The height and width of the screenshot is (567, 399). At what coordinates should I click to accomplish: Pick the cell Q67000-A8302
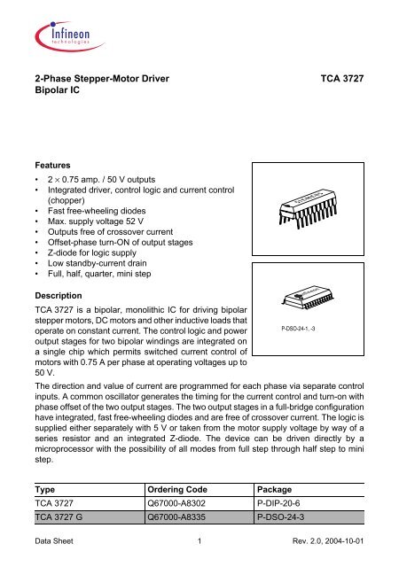click(183, 503)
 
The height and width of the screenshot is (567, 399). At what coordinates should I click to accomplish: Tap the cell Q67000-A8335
click(183, 519)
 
